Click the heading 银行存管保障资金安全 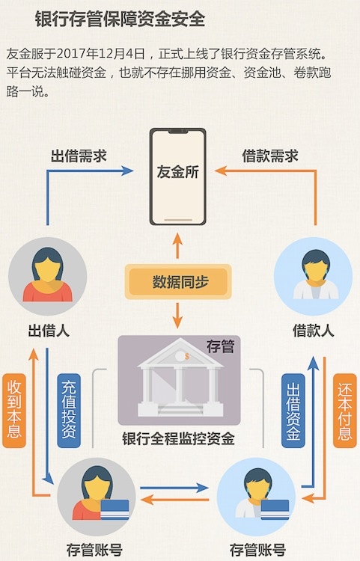[x=120, y=18]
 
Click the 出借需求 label [x=79, y=156]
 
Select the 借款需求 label [x=270, y=156]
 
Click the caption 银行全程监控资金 [x=178, y=438]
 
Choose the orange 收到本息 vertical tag [x=14, y=408]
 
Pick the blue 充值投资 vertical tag [x=68, y=408]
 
